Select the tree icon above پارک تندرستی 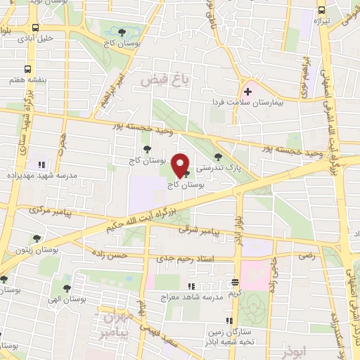click(x=217, y=157)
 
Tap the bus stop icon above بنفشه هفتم click(x=27, y=69)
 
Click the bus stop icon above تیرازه click(x=321, y=10)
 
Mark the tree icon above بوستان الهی click(x=67, y=288)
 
